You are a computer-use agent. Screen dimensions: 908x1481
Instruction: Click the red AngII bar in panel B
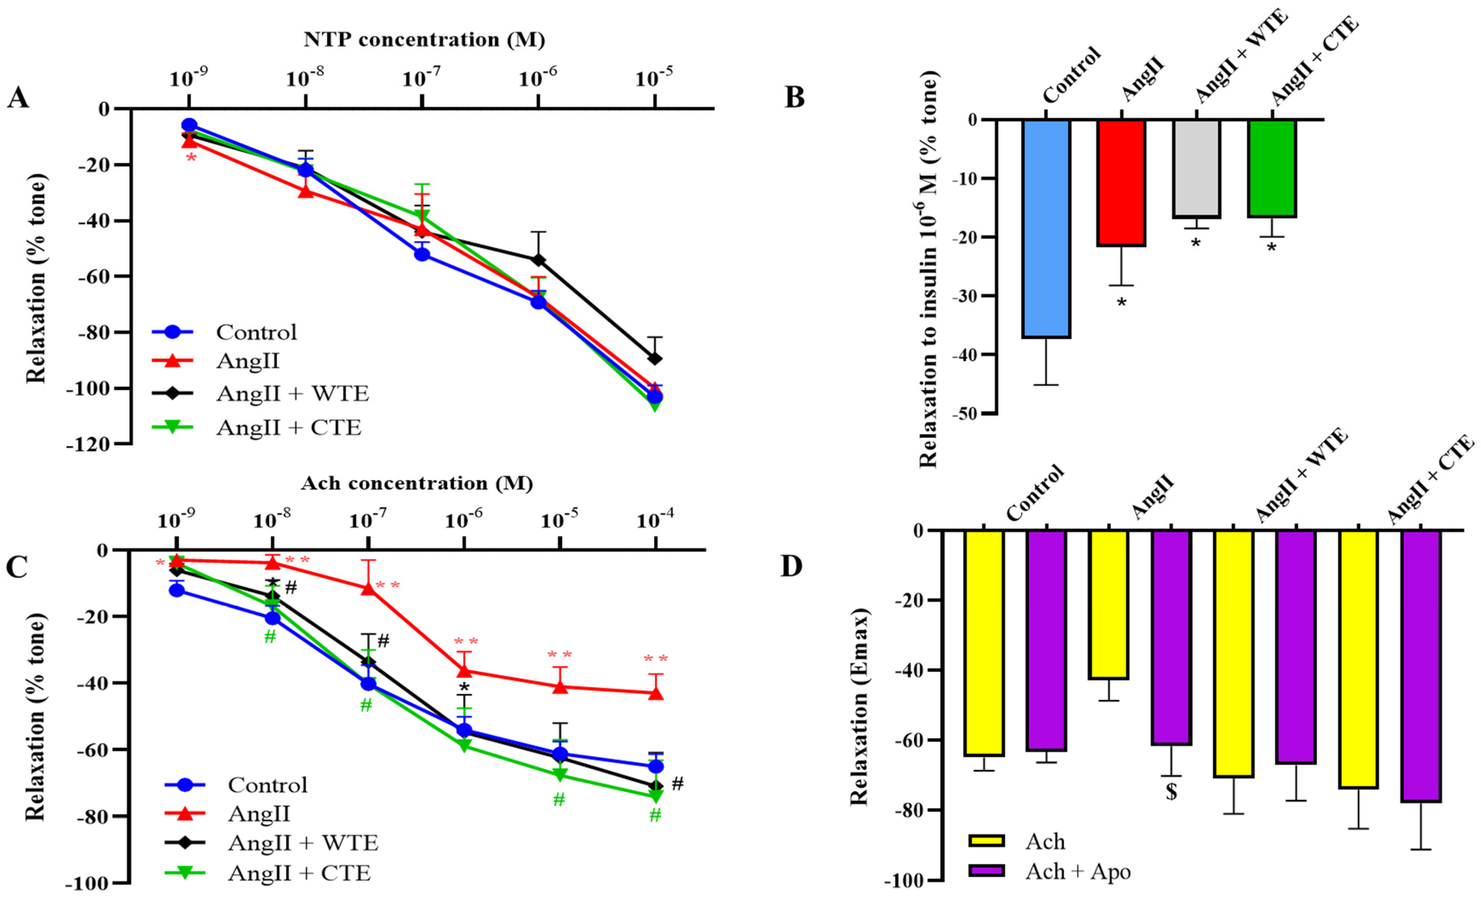tap(1121, 183)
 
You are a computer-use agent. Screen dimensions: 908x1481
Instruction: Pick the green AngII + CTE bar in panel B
tap(1272, 168)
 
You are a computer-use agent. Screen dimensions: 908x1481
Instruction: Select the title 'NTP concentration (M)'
tap(425, 40)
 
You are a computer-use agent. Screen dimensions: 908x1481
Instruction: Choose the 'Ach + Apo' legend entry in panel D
tap(1077, 872)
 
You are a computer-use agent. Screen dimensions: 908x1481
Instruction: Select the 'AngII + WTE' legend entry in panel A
tap(292, 394)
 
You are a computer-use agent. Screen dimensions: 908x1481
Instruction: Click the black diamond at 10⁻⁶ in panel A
tap(538, 259)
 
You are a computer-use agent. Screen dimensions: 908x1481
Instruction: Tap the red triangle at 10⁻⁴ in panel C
tap(656, 693)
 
